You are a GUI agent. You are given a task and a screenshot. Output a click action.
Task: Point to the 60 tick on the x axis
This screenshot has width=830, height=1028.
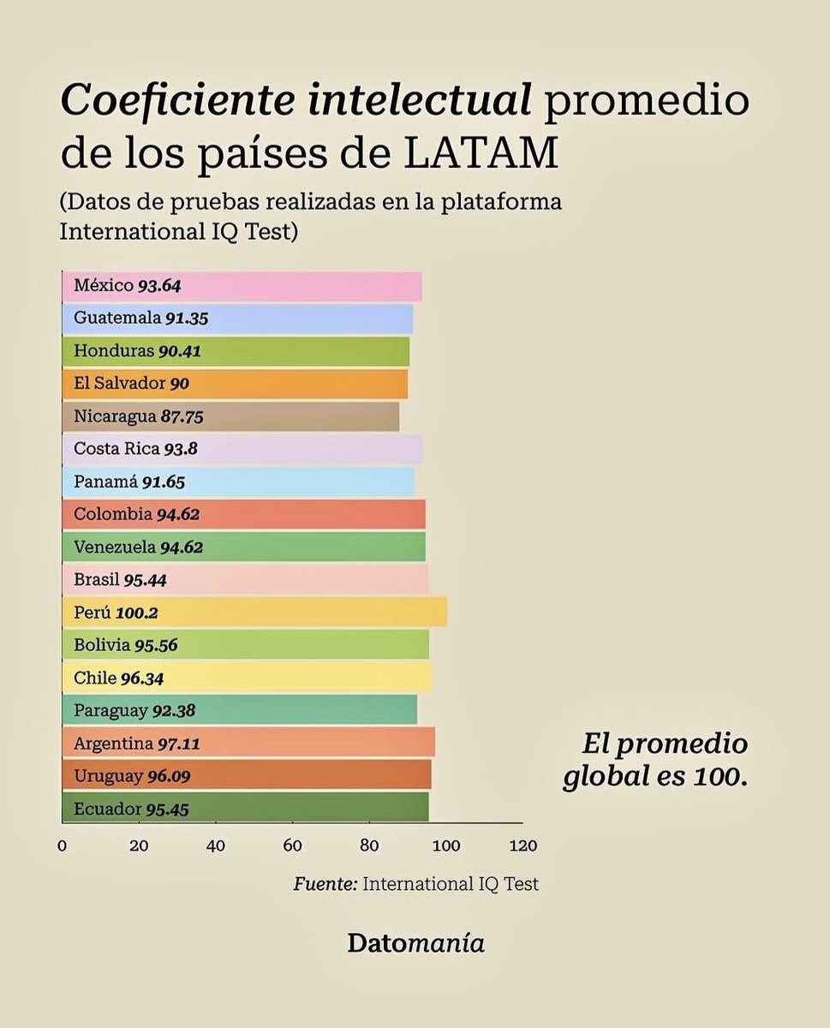[293, 846]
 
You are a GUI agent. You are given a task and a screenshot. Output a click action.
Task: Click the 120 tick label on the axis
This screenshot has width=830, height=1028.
[522, 846]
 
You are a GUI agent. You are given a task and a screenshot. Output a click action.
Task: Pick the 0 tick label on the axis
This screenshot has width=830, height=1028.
[63, 846]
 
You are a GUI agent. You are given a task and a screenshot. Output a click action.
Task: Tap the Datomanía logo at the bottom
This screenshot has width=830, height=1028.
[415, 943]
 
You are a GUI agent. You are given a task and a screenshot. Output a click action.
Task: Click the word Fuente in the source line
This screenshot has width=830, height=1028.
[325, 883]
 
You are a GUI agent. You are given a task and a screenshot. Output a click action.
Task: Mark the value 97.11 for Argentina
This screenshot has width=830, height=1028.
[178, 744]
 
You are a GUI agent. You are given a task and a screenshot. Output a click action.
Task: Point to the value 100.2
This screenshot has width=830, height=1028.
[137, 613]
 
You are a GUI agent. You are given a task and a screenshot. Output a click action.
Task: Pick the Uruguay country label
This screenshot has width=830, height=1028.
[108, 776]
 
